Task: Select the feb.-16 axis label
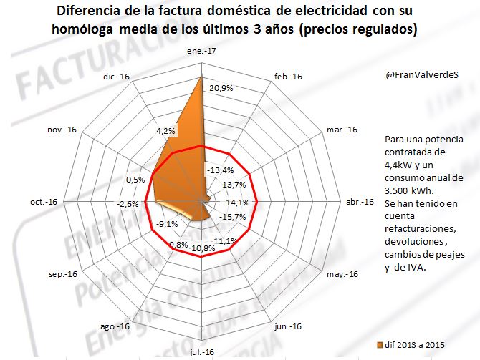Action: (287, 77)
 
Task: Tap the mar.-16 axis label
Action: (341, 130)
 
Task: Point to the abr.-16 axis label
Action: (360, 203)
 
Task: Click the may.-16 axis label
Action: (341, 273)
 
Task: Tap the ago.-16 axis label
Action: (115, 326)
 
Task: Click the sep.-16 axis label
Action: (62, 273)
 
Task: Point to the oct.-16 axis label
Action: (44, 203)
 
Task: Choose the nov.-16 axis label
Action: (62, 130)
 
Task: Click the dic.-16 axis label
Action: (116, 77)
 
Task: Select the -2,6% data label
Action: (129, 204)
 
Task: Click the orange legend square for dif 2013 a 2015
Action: (380, 345)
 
